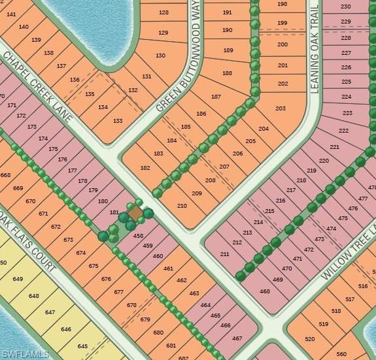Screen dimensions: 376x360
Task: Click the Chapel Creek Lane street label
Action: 38,85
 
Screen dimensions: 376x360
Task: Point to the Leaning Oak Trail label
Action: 315,49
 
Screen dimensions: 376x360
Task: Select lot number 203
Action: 281,108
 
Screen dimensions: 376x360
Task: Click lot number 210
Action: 182,206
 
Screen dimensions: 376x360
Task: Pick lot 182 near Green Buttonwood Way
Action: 145,168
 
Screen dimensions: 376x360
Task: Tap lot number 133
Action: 118,121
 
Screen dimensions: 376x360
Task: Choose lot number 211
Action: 224,254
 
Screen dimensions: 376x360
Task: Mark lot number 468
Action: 265,291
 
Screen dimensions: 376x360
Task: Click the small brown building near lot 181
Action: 135,214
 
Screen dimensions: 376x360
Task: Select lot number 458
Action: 138,235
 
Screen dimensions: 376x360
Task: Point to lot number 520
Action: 310,339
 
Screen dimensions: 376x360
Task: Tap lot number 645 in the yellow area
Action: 82,346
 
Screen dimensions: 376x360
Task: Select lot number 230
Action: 346,7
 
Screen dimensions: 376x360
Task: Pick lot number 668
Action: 6,175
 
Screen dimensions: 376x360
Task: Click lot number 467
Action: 237,338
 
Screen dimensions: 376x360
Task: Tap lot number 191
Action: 227,12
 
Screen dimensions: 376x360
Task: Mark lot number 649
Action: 18,280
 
